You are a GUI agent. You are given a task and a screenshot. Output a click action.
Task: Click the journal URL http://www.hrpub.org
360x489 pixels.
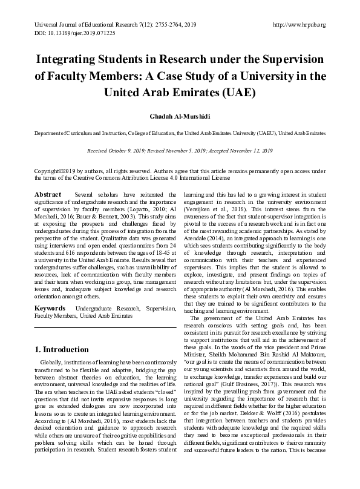(x=299, y=25)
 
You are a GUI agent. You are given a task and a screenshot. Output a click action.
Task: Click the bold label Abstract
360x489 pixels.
(x=48, y=194)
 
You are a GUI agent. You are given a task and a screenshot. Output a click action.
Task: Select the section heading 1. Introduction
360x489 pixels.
(x=62, y=349)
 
